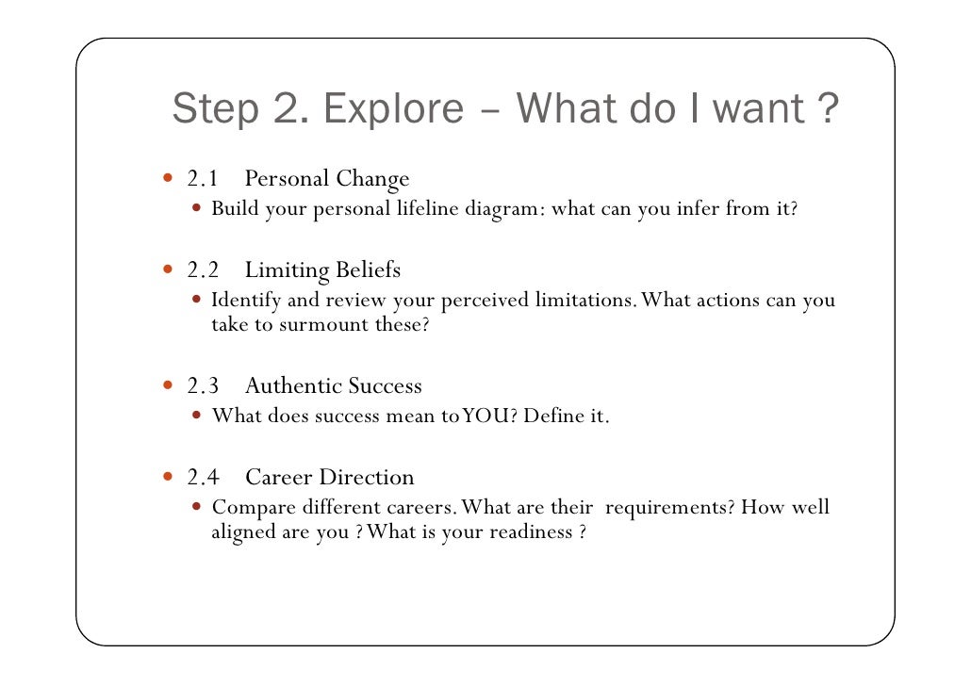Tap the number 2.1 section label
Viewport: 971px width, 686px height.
click(203, 179)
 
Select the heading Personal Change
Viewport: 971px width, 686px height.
click(326, 179)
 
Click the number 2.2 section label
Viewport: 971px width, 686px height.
click(203, 271)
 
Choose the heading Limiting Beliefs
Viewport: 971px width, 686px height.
click(322, 271)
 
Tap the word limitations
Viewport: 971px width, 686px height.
click(584, 301)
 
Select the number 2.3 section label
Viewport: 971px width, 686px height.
click(203, 386)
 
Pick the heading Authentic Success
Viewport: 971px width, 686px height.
click(333, 386)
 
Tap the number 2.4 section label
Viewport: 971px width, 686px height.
click(203, 478)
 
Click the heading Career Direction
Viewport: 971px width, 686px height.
click(329, 478)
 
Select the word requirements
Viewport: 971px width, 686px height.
click(668, 508)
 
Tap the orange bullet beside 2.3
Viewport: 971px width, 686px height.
click(168, 385)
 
